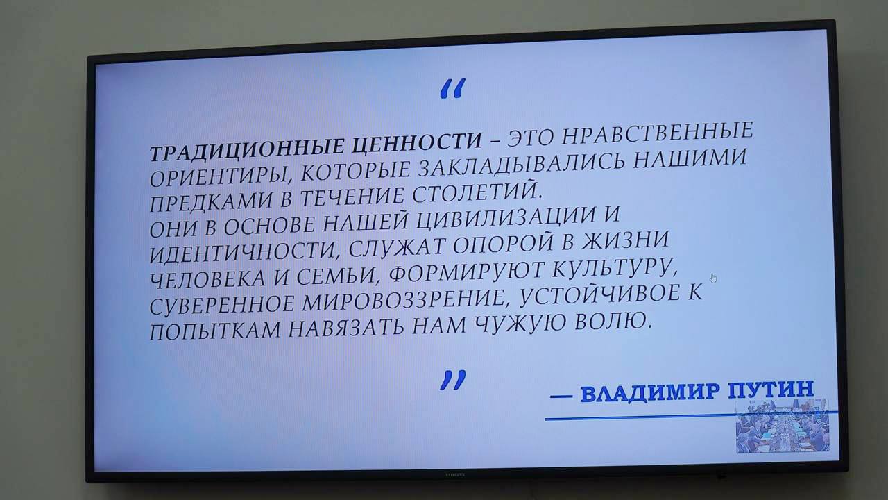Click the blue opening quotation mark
tap(453, 88)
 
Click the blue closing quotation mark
tap(453, 380)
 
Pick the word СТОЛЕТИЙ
tap(477, 192)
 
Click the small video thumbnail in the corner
tap(783, 426)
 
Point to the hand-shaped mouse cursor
tap(713, 278)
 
